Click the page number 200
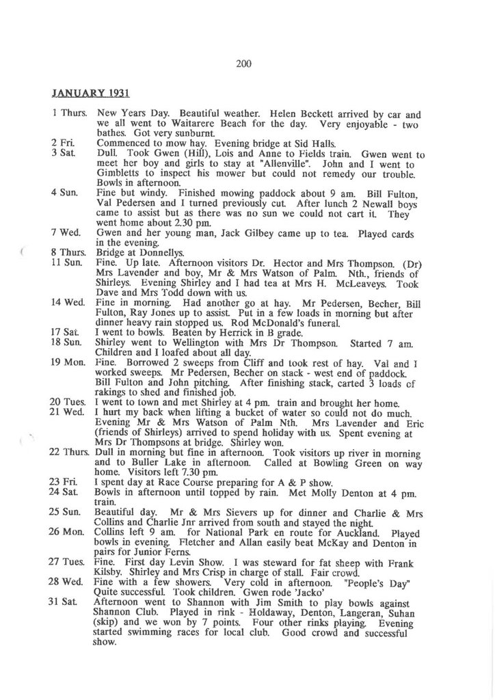click(244, 64)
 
